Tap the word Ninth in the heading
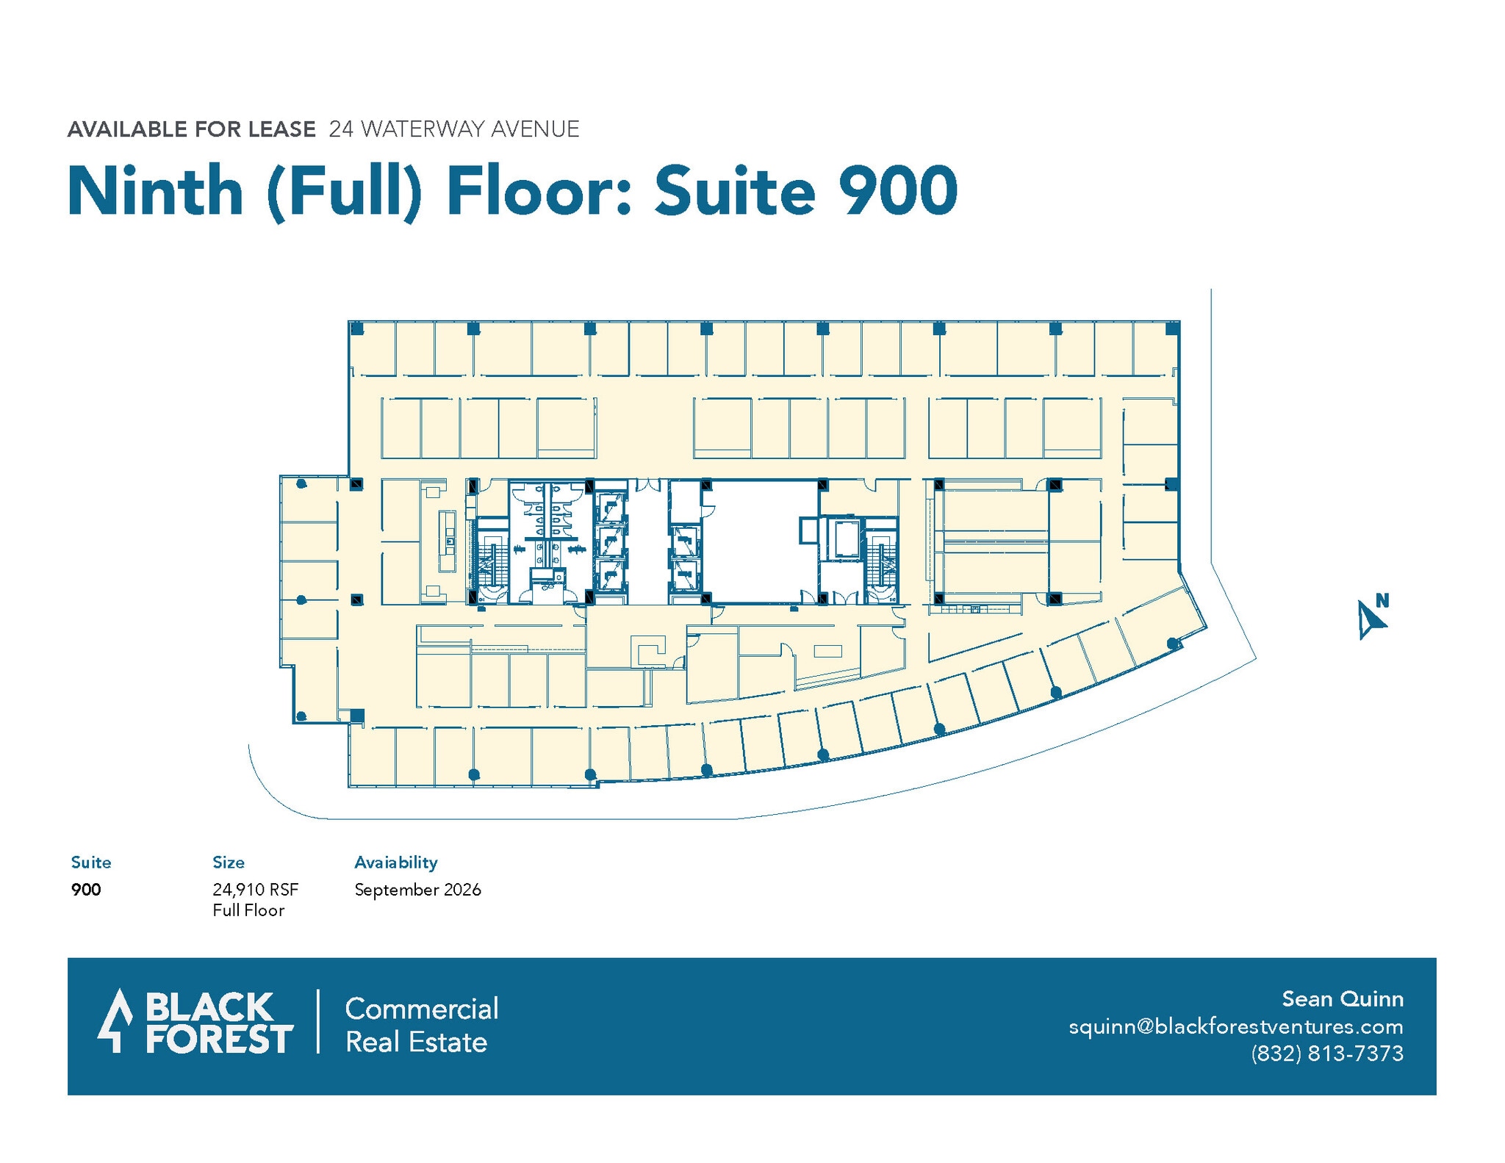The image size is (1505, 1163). pos(155,191)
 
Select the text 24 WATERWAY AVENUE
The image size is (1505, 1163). pos(453,129)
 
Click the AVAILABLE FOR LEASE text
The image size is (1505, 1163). pos(191,129)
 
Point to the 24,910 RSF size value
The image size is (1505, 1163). pos(255,890)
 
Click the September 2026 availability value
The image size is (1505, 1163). pos(417,890)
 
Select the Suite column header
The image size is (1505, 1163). pos(91,862)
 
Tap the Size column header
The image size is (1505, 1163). pos(229,862)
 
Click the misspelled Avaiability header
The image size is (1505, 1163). pos(395,862)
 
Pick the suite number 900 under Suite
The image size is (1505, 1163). pos(86,890)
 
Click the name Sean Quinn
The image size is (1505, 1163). pos(1342,999)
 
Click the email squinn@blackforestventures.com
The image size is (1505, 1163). pos(1235,1026)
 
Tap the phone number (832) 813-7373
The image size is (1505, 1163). pos(1326,1054)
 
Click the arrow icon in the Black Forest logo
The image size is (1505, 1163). pos(115,1020)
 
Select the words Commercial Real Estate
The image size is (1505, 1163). pos(421,1026)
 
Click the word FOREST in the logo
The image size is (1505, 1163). pos(219,1040)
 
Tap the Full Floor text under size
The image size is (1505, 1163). pos(248,911)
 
